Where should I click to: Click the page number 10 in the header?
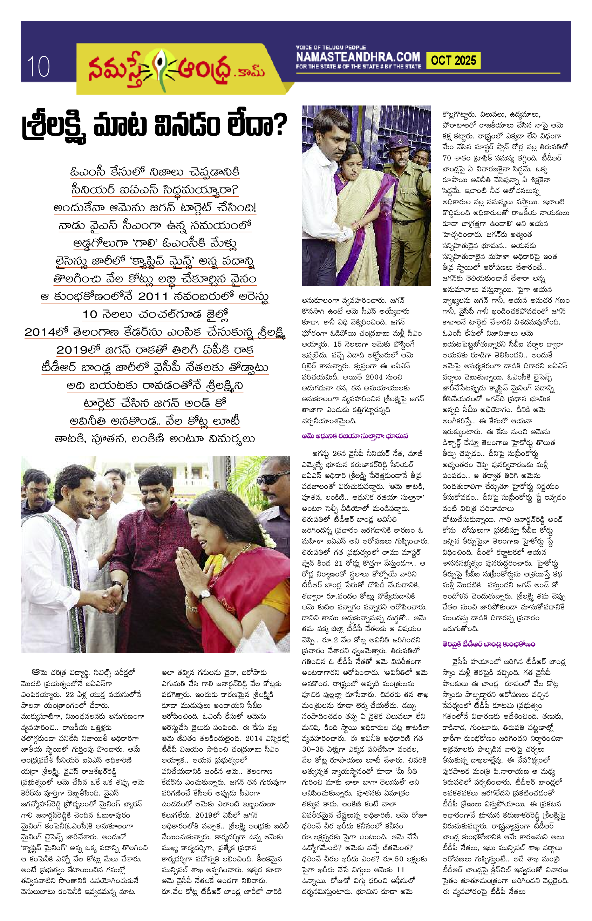point(38,67)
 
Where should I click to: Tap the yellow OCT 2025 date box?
point(453,61)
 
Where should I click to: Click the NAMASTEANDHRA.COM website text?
point(358,57)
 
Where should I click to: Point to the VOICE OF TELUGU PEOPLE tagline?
point(331,48)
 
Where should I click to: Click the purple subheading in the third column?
point(355,436)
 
